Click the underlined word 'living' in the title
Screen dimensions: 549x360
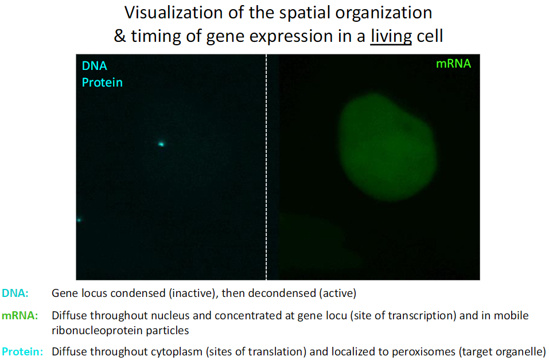(x=391, y=36)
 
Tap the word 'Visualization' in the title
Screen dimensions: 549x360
(x=173, y=13)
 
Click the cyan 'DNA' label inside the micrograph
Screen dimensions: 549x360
(x=94, y=65)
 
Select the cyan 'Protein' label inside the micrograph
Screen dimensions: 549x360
(x=102, y=83)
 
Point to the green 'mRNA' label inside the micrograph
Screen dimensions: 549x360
(x=453, y=64)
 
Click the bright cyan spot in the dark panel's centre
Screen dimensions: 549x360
(x=161, y=144)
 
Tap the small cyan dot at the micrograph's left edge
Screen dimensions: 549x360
(x=79, y=220)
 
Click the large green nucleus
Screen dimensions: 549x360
(x=387, y=147)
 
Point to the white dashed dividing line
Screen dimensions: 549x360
(x=266, y=167)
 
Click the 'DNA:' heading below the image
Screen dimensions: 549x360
(x=15, y=293)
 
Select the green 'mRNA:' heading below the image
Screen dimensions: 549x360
(x=20, y=315)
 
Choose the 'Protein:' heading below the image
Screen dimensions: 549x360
(x=22, y=351)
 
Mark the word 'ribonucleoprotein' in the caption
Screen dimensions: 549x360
(x=98, y=331)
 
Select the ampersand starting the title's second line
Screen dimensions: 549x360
(x=120, y=36)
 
